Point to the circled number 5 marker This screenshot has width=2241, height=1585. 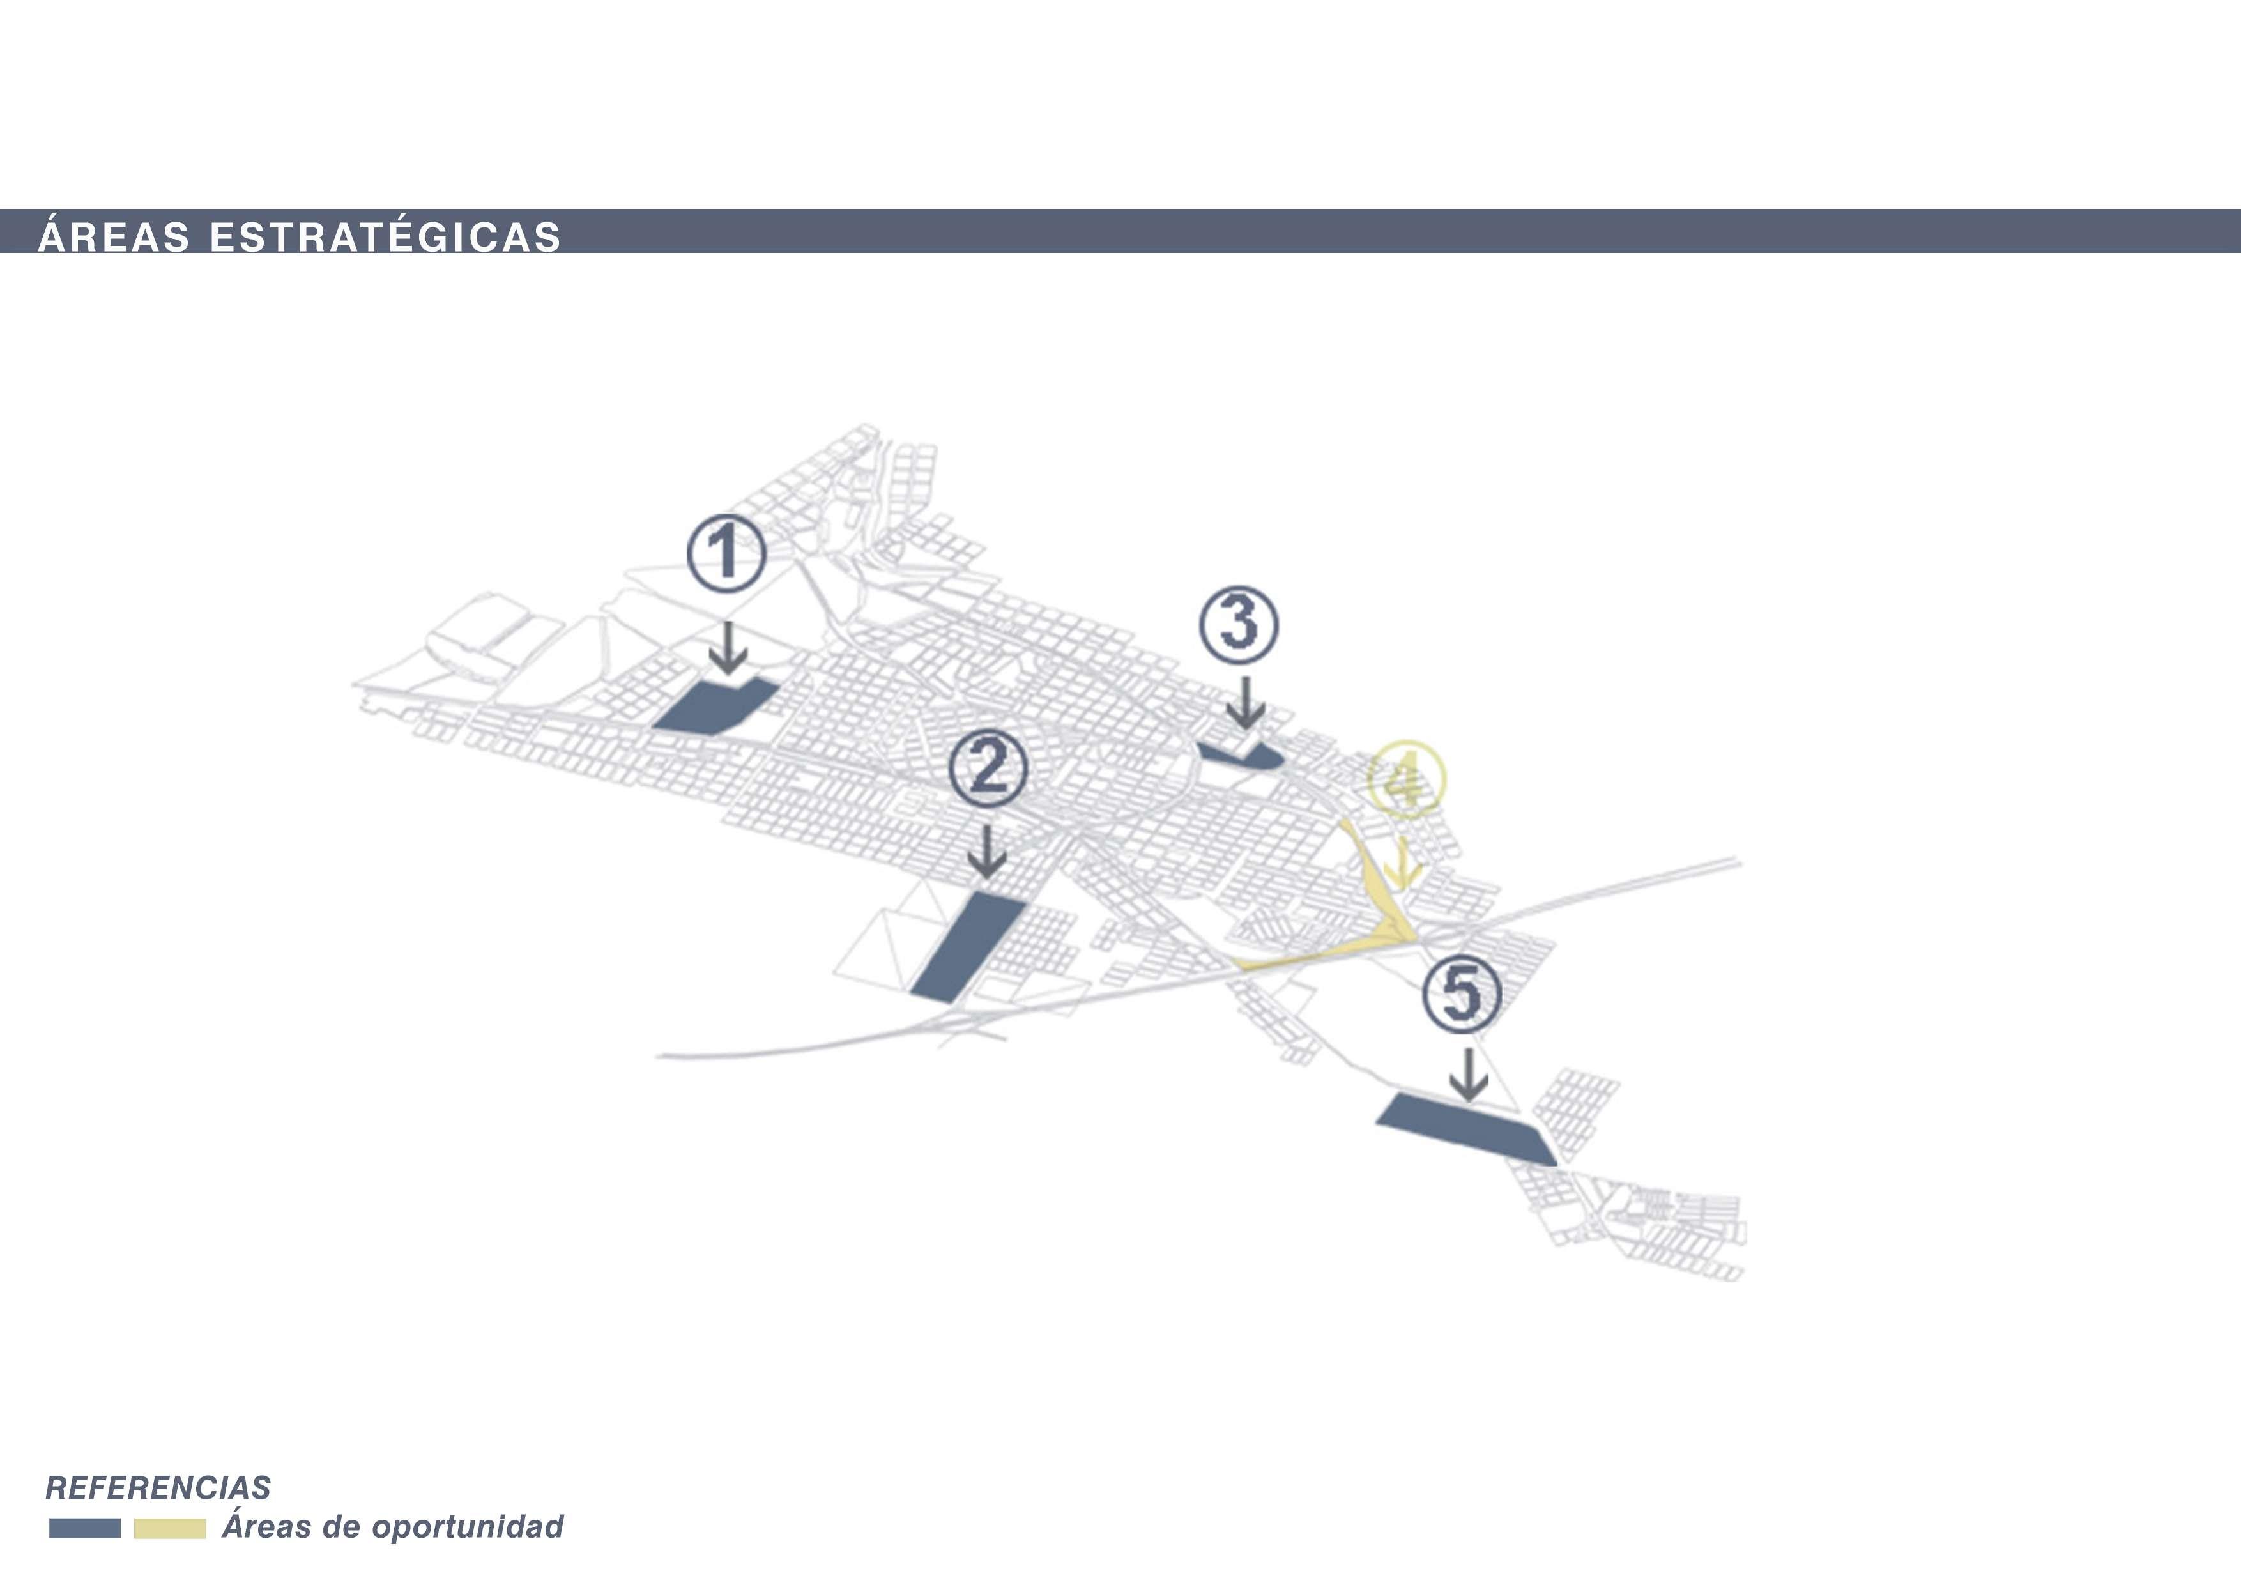tap(1461, 993)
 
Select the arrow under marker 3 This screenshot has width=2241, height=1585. tap(1244, 703)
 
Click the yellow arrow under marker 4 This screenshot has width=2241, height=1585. tap(1403, 862)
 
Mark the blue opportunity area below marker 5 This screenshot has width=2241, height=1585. tap(1464, 1128)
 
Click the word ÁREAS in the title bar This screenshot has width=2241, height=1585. tap(113, 237)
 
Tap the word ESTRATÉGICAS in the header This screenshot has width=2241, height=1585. tap(386, 237)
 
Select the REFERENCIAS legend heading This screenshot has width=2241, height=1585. tap(158, 1487)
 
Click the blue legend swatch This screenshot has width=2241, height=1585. tap(85, 1528)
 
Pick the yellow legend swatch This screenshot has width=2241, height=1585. tap(170, 1528)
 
